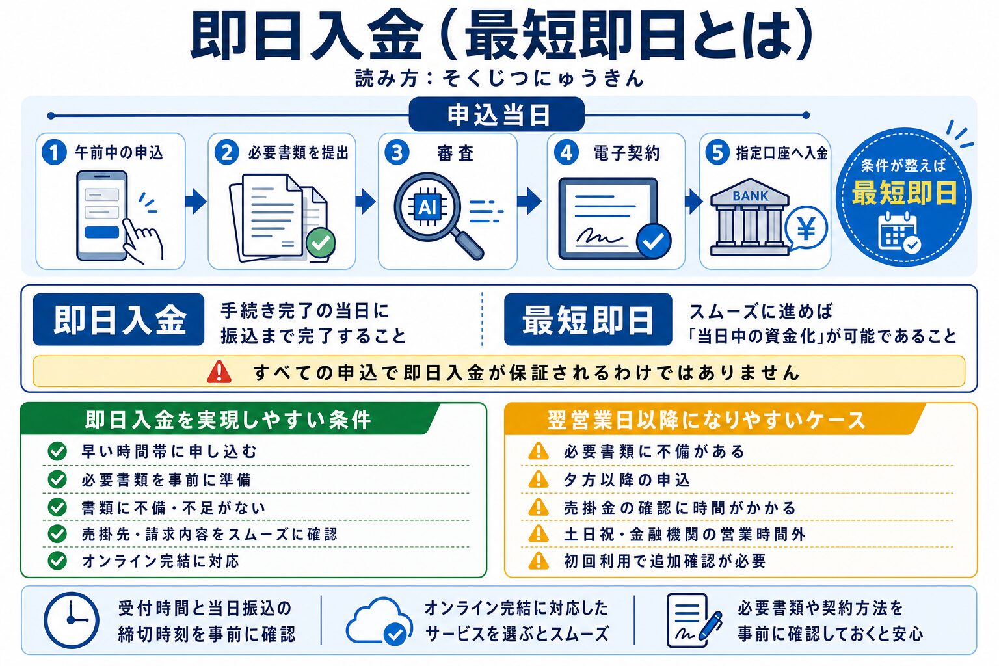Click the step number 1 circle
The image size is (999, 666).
(x=55, y=152)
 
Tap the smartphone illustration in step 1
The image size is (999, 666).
(x=102, y=215)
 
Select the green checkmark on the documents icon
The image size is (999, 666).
(x=321, y=242)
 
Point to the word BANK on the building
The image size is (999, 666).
(x=750, y=196)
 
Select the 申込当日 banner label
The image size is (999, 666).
(x=497, y=114)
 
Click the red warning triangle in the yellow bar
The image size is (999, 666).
(x=219, y=372)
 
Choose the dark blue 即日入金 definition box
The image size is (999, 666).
(x=118, y=319)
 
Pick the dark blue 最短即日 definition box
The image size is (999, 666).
(x=588, y=319)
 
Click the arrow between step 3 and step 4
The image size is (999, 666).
(x=529, y=201)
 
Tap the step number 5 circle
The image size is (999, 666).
(x=717, y=152)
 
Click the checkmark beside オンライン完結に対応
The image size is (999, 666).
(x=57, y=561)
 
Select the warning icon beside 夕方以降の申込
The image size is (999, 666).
(x=539, y=479)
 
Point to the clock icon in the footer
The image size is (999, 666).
(x=72, y=620)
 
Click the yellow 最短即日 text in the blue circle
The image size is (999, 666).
(x=905, y=193)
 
